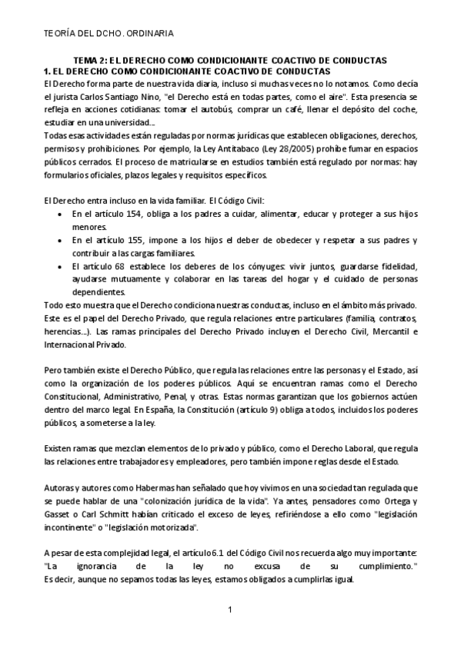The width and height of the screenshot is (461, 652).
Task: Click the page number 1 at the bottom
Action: point(229,610)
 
